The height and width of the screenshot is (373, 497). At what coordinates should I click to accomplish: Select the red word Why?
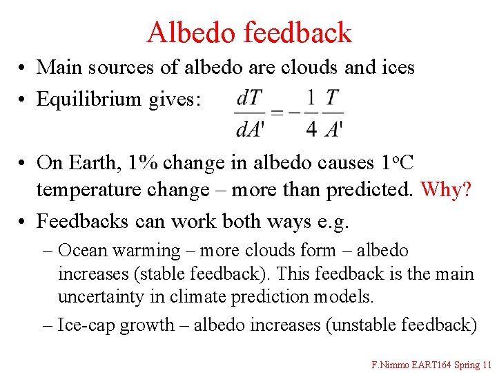446,189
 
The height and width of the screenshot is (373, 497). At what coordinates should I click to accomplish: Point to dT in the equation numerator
248,98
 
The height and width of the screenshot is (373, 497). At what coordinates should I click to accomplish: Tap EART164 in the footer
430,364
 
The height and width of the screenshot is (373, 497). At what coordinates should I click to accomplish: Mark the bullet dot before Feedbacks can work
23,222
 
